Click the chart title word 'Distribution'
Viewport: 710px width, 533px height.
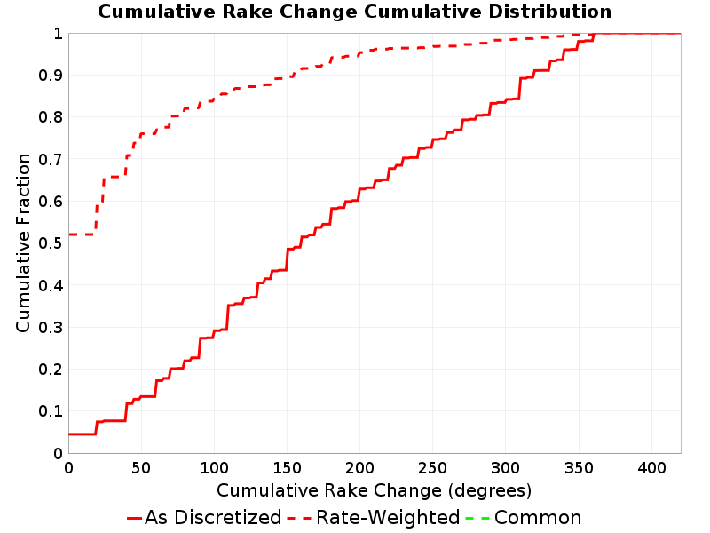click(x=549, y=12)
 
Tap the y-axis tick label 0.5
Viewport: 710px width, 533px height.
click(x=51, y=243)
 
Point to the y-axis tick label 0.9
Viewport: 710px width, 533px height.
click(x=51, y=75)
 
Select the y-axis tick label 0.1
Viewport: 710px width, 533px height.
click(x=51, y=411)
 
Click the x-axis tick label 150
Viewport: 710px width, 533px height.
click(x=287, y=468)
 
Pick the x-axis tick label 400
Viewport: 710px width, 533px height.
click(x=651, y=468)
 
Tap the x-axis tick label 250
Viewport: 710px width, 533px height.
click(x=432, y=468)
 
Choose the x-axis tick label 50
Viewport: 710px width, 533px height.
click(x=141, y=468)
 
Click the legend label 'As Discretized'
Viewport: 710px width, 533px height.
click(x=213, y=517)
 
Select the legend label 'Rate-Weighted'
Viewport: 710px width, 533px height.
click(x=388, y=517)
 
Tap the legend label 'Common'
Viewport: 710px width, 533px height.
click(x=538, y=517)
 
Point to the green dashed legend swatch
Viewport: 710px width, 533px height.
click(x=477, y=518)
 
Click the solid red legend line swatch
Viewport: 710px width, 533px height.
click(x=135, y=518)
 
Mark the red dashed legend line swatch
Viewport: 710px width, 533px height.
click(x=299, y=518)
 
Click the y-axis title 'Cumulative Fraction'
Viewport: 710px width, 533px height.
click(x=23, y=243)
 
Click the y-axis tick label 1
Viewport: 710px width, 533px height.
click(x=58, y=33)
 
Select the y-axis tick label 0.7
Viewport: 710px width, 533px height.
click(x=51, y=159)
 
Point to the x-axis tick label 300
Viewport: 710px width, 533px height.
click(x=505, y=468)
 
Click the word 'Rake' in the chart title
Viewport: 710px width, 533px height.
click(x=248, y=12)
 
